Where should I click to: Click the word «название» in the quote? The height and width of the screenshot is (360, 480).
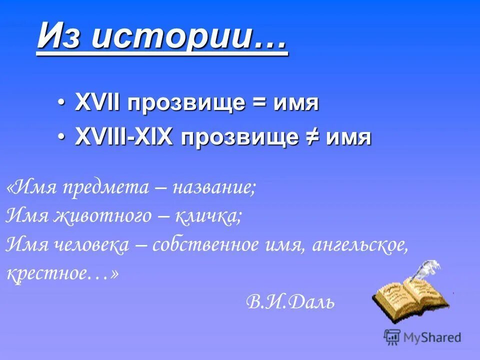tap(214, 188)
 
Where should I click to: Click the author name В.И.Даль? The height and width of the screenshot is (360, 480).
tap(290, 301)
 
